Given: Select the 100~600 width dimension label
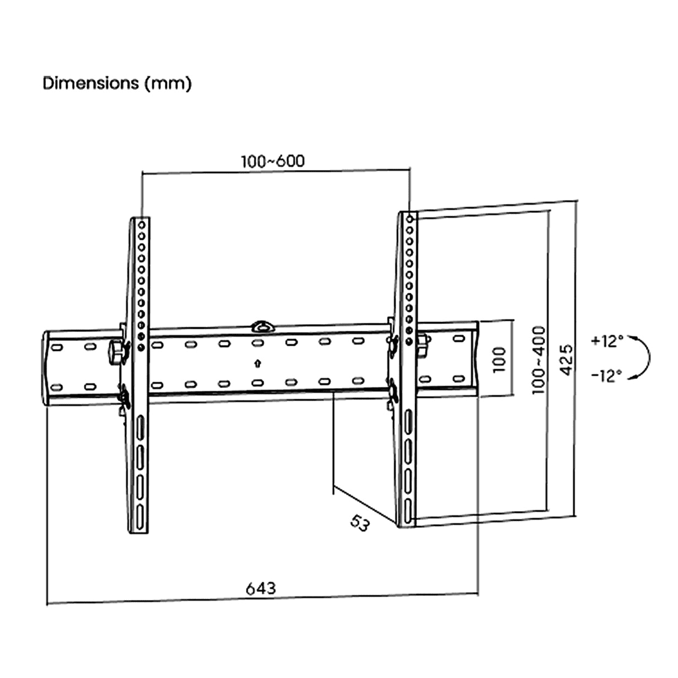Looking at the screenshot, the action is (x=273, y=161).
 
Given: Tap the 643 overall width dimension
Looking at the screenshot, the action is (x=261, y=588).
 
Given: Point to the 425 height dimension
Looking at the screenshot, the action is (x=566, y=360).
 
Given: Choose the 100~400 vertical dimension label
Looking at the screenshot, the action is (x=539, y=360).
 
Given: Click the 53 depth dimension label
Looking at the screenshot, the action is (x=360, y=523).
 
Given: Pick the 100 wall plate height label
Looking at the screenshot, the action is (x=499, y=359).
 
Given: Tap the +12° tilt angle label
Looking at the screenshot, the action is (x=607, y=341).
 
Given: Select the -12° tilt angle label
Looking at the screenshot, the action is (x=606, y=375).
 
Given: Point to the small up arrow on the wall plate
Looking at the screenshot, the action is (x=258, y=363).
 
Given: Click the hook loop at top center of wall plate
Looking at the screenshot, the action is (x=263, y=326).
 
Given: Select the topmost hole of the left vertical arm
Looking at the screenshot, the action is (x=141, y=225).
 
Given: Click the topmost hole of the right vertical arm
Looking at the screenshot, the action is (x=409, y=219).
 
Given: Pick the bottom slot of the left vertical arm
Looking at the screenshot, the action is (x=139, y=517).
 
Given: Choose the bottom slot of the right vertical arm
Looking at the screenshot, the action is (x=408, y=512).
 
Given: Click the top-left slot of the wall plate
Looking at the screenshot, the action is (x=57, y=347).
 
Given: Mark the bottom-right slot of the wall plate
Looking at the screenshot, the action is (x=458, y=379).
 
